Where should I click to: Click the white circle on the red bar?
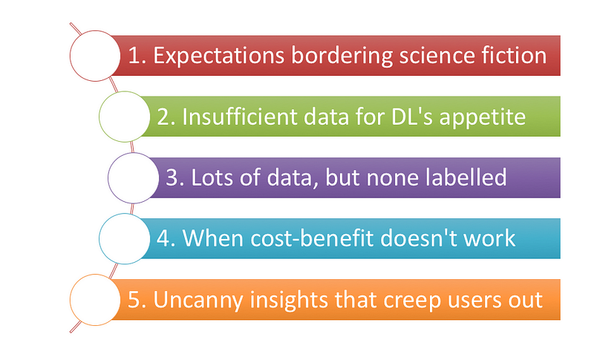[95, 56]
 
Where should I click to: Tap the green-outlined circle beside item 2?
[124, 117]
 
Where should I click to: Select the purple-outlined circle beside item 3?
[133, 178]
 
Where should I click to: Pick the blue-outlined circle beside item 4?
[124, 238]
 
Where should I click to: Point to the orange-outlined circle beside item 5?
[95, 300]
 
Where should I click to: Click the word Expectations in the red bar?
[218, 56]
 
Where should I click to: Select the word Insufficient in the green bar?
[239, 116]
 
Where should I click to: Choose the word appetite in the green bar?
[482, 117]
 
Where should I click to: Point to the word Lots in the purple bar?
[212, 177]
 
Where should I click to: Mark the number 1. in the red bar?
[137, 56]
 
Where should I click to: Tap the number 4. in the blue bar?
[166, 238]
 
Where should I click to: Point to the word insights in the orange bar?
[289, 301]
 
